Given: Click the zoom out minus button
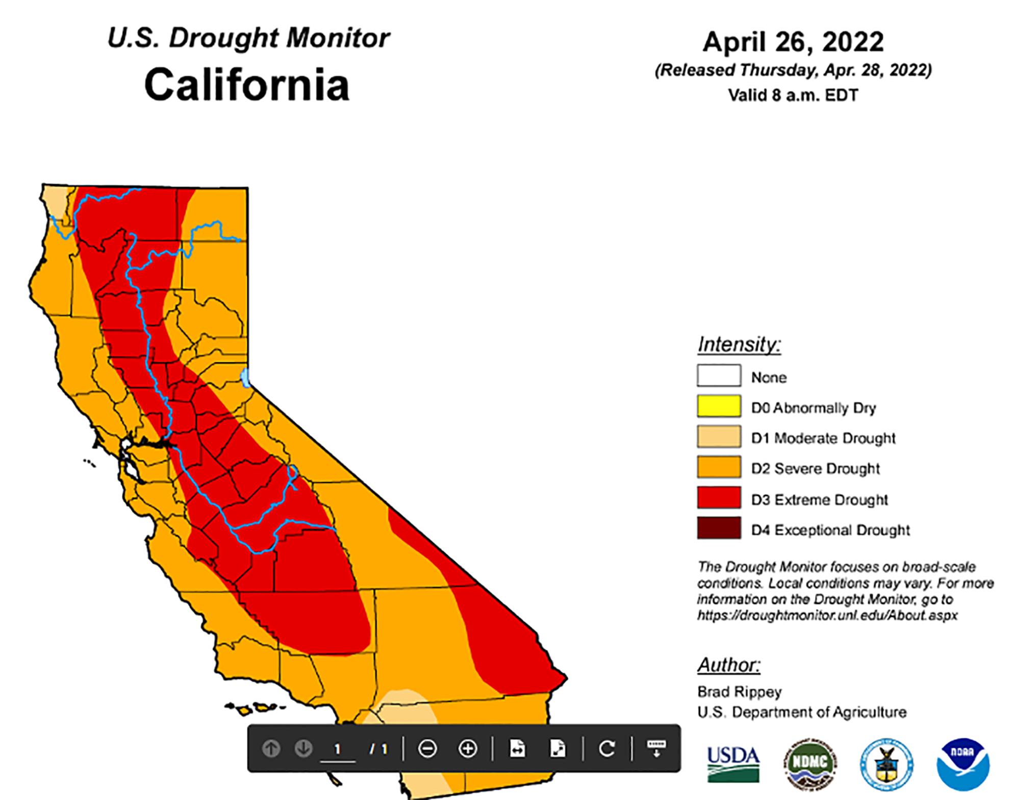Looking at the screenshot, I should click(427, 749).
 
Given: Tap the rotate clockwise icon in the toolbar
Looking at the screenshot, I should click(606, 749).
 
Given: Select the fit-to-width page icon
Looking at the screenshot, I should click(517, 749).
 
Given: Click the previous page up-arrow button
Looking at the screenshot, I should click(271, 749).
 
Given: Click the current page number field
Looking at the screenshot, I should click(337, 749).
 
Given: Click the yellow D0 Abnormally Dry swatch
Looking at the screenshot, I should click(719, 406).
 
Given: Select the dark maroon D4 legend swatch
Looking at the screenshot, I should click(719, 528).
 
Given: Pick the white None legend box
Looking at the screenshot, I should click(719, 376).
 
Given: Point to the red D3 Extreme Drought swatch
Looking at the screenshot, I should click(719, 498).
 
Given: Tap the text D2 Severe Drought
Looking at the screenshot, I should click(815, 468).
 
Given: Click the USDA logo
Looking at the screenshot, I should click(733, 764).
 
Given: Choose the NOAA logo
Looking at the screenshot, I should click(963, 764).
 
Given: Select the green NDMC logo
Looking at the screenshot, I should click(809, 764).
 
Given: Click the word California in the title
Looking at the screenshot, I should click(247, 85).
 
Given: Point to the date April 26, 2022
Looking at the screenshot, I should click(793, 42).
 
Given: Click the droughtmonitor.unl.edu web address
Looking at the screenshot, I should click(827, 615).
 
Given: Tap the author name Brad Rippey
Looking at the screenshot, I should click(739, 692).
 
